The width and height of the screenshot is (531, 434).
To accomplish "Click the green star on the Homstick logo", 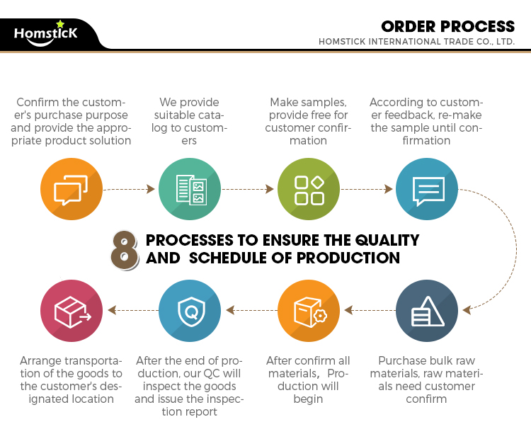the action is (60, 23).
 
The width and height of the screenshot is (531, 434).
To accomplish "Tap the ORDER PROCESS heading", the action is (447, 27).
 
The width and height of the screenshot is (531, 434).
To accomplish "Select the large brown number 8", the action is (125, 251).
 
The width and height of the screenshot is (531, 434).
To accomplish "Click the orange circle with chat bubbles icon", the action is (72, 189).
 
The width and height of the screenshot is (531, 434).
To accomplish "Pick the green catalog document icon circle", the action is (190, 189).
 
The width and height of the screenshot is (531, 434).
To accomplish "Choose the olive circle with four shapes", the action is (309, 189).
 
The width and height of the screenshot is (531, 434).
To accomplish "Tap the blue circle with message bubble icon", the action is (427, 189).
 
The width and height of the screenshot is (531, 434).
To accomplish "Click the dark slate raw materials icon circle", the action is (427, 310).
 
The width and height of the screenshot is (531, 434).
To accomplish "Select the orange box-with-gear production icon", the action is (309, 310).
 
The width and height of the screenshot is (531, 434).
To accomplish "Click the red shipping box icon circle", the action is (72, 310).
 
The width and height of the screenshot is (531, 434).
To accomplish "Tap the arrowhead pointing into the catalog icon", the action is (151, 189).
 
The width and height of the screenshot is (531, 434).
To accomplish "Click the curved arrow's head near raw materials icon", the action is (467, 310).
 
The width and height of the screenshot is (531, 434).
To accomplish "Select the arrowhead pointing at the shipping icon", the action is (112, 310).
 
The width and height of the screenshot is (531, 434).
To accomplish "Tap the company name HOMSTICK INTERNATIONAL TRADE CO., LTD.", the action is (416, 42).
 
